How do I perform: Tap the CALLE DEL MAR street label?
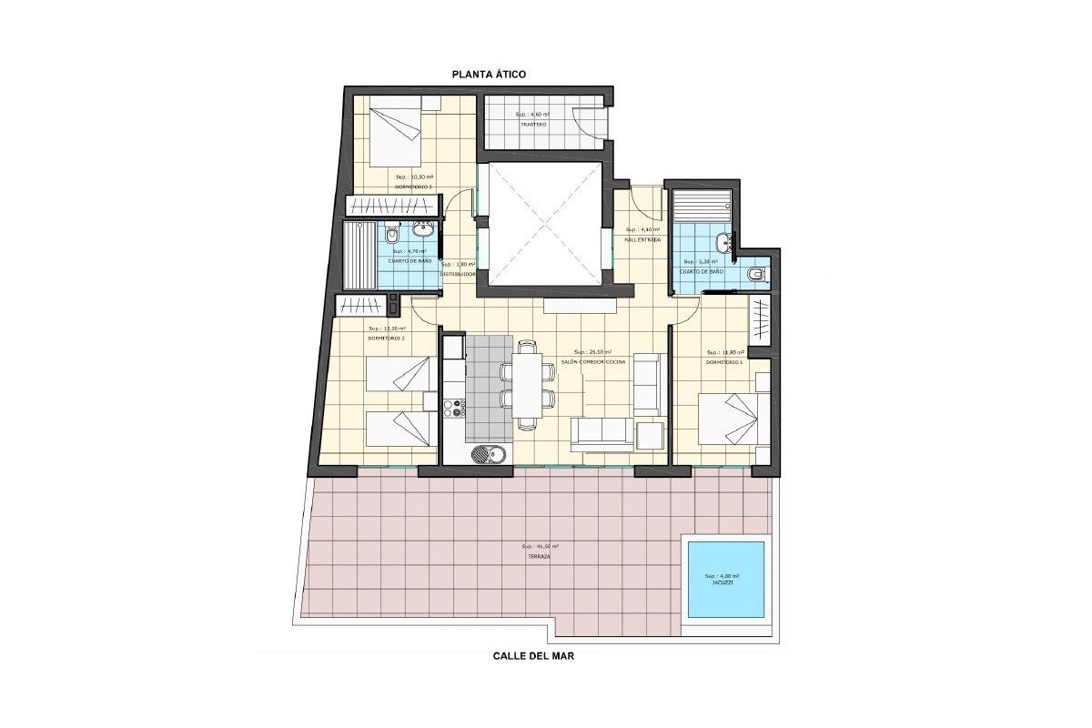point(533,655)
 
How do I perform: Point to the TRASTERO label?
point(533,125)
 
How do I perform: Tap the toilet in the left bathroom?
point(392,236)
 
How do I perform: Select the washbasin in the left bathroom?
point(423,227)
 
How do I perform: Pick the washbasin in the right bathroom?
point(724,242)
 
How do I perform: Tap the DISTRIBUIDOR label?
point(458,274)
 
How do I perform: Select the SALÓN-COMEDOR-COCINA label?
point(592,362)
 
